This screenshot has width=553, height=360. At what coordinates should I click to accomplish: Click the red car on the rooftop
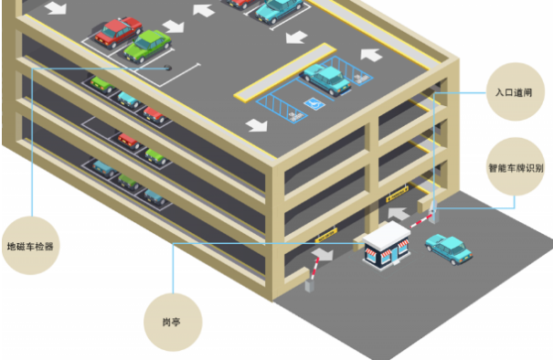pos(116,32)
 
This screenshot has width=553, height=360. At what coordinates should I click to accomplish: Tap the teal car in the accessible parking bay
pos(326,79)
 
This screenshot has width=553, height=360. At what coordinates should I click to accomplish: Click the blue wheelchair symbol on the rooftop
pos(311,104)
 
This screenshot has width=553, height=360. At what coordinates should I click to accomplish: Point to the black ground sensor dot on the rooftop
pos(167,66)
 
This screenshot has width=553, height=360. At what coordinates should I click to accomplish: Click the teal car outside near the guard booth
pos(447,248)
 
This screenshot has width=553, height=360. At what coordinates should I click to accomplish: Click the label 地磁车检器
pos(30,246)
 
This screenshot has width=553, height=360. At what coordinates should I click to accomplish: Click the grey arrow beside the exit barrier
pos(323,252)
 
